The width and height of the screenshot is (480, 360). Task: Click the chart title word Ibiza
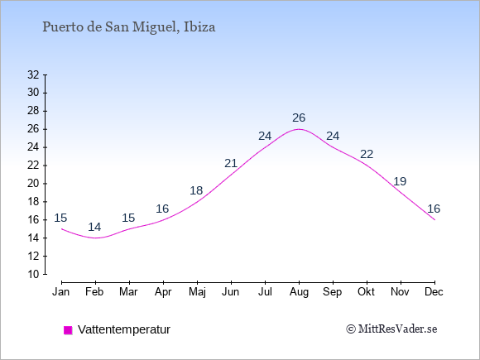(199, 27)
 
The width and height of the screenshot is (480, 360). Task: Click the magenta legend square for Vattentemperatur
(68, 330)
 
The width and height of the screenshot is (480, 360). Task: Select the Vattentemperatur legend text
(124, 329)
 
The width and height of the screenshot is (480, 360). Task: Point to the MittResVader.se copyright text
(391, 329)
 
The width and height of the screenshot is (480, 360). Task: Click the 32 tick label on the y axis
(33, 74)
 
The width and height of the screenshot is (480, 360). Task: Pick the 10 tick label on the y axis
(33, 274)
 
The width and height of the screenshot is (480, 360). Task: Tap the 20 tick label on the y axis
(33, 184)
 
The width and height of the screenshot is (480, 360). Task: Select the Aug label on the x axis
(299, 292)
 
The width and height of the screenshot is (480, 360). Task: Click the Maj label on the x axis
(197, 292)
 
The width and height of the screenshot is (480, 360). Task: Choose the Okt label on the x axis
(366, 292)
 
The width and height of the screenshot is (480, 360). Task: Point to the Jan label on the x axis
(61, 292)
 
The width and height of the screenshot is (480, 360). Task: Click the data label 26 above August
(299, 118)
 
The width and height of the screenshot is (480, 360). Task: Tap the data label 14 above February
(94, 227)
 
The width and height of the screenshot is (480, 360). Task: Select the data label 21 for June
(231, 163)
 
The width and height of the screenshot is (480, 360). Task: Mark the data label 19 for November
(400, 181)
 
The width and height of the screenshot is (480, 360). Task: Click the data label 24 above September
(333, 136)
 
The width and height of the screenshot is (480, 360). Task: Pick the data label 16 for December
(434, 209)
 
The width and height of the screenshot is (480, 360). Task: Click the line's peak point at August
(299, 129)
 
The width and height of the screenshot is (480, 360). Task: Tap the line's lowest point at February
(96, 238)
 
